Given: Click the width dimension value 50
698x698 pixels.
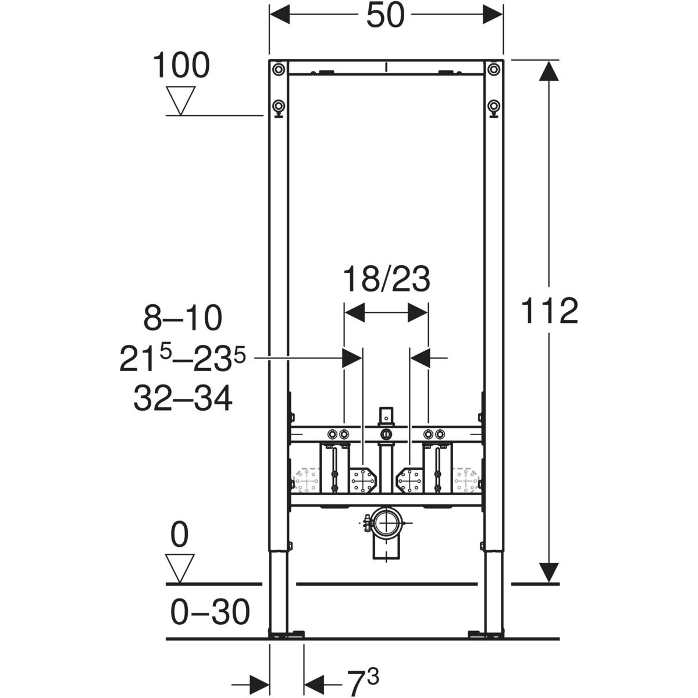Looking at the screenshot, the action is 386,16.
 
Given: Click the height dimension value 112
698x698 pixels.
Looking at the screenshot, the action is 549,311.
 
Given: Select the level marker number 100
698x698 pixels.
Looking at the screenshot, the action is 181,65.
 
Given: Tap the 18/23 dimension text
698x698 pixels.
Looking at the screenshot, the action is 386,279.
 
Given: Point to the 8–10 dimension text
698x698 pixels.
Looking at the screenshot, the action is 183,318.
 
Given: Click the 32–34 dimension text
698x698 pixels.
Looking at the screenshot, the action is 183,398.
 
